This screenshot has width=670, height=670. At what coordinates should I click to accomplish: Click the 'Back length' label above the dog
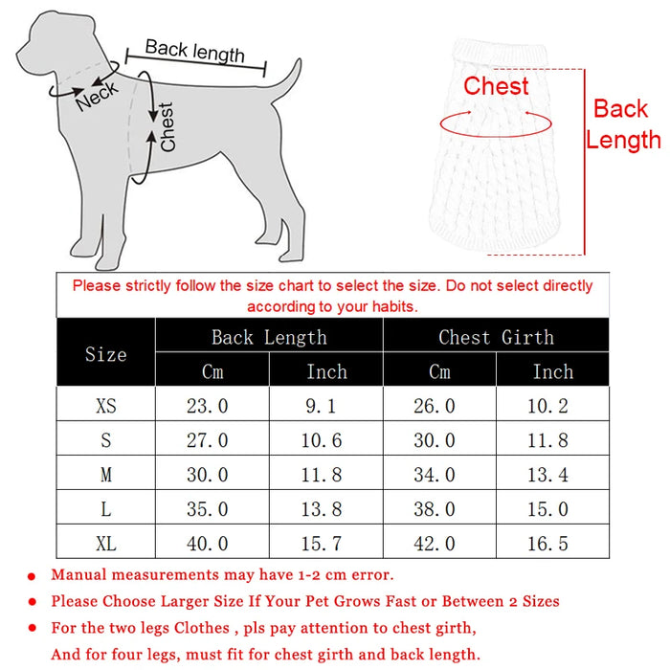point(194,51)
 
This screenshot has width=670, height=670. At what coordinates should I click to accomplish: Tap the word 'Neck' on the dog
point(97,95)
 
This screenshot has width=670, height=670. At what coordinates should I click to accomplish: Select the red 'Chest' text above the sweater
point(496,86)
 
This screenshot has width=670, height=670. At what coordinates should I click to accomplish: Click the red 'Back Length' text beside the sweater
point(623,124)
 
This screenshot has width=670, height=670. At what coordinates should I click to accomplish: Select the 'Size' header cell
point(105,354)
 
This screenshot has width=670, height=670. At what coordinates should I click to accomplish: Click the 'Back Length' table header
point(269,337)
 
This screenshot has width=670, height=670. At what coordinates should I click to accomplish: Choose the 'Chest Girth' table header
point(496,337)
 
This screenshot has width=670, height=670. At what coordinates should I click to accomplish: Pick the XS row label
point(105,406)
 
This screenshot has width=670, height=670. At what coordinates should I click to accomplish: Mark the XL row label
point(105,544)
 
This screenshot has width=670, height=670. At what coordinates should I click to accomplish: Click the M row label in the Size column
point(105,475)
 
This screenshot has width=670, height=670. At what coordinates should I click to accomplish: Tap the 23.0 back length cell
point(207,406)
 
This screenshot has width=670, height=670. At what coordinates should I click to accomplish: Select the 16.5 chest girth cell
point(547,544)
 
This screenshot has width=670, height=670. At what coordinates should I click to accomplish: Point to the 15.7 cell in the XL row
point(323,544)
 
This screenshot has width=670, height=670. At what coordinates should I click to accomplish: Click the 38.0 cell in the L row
point(435,509)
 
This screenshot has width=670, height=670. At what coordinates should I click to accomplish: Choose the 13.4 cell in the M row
point(547,475)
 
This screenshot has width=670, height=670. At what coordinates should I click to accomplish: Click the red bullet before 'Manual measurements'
point(33,576)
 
